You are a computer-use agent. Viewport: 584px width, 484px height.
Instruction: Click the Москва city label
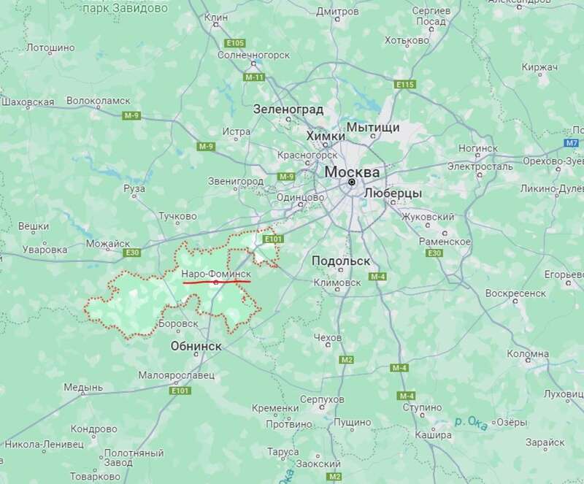[x=351, y=172]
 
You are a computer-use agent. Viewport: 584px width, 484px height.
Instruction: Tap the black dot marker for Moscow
[x=352, y=182]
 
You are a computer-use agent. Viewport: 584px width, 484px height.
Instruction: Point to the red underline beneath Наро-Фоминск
[x=217, y=281]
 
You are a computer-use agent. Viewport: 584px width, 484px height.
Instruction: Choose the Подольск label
[x=341, y=261]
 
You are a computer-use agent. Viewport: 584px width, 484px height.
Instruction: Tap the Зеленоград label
[x=288, y=110]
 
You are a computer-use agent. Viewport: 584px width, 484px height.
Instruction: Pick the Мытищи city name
[x=374, y=127]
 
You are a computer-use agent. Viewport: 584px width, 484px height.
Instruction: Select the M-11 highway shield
[x=254, y=77]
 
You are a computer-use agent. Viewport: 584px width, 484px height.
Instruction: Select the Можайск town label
[x=107, y=243]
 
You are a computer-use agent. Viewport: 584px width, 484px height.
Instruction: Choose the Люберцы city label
[x=393, y=193]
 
